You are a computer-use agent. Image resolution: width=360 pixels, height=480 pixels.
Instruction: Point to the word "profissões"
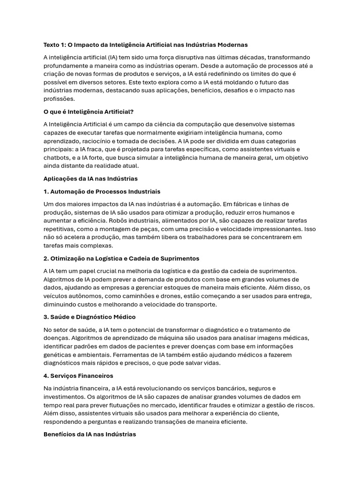59,99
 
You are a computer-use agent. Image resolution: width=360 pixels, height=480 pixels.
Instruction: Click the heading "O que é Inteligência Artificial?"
89,112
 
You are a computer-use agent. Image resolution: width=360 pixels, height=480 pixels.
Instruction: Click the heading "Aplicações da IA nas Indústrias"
90,179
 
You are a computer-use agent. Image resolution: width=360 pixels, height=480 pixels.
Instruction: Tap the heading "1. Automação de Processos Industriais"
102,191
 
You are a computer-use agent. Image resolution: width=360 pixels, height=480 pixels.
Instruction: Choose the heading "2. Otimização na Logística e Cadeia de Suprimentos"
121,258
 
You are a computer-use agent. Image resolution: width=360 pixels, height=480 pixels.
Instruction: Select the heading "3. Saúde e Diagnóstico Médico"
90,317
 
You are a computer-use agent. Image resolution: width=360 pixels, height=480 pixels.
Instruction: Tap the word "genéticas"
59,354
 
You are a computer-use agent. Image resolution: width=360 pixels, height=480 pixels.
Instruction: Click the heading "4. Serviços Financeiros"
78,376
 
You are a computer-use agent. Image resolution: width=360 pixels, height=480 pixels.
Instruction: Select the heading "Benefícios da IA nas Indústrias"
90,435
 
